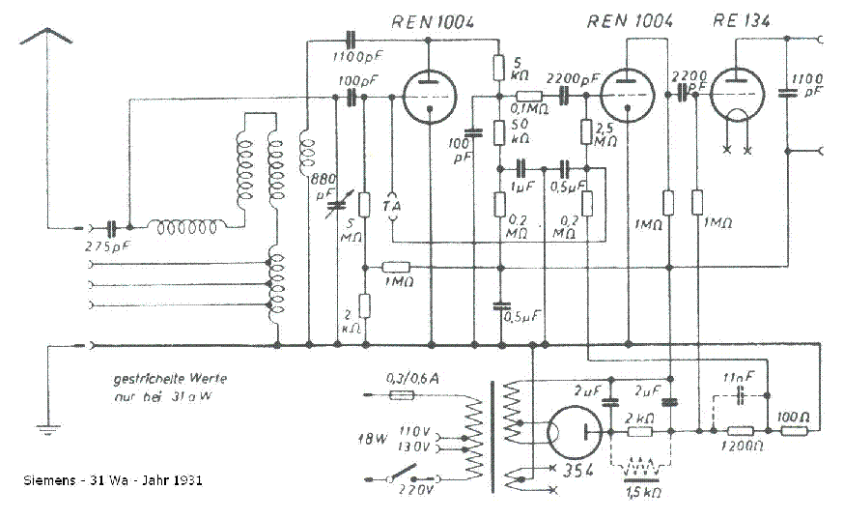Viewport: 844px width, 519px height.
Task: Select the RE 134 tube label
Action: pos(744,21)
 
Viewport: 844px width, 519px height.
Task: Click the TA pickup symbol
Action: pos(391,205)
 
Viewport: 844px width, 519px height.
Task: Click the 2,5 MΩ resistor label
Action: pos(606,135)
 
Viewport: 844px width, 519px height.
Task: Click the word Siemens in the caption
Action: pos(46,479)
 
